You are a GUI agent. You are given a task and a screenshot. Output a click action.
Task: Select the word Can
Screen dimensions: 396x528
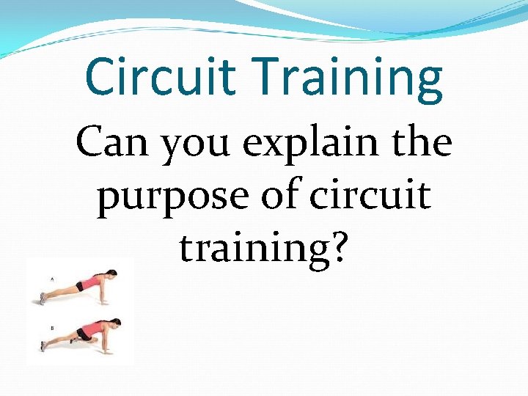[113, 142]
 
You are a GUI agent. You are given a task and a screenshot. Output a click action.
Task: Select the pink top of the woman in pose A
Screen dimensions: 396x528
[92, 282]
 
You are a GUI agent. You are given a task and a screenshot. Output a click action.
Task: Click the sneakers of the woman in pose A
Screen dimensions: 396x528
[43, 298]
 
